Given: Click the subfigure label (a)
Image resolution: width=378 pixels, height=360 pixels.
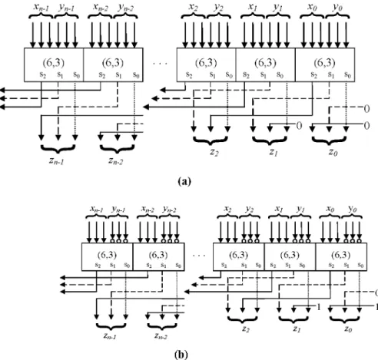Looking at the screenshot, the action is click(x=184, y=181).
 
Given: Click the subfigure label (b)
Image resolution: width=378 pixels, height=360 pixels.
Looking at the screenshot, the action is click(x=181, y=355).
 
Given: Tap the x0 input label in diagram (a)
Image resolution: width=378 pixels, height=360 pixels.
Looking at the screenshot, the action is click(x=312, y=7).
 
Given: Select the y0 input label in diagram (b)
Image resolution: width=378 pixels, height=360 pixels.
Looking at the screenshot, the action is click(x=353, y=210).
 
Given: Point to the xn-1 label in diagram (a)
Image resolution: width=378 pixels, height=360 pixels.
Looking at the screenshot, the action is click(x=41, y=7).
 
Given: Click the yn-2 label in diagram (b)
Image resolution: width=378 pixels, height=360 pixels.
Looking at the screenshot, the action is click(x=169, y=210).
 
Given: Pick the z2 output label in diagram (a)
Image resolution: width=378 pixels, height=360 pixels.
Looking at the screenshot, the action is click(x=214, y=152).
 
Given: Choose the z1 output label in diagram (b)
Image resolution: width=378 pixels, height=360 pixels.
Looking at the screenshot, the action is click(x=297, y=329).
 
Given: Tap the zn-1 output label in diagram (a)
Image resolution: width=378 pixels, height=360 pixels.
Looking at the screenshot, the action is click(x=56, y=161).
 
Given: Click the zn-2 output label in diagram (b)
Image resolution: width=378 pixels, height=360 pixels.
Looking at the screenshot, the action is click(x=161, y=335).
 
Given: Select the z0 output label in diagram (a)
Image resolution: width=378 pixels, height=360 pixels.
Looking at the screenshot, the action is click(x=333, y=152).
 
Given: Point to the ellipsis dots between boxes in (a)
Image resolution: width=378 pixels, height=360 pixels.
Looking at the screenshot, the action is click(x=160, y=63).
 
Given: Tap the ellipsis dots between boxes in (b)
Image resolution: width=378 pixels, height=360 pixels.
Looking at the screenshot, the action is click(x=199, y=256).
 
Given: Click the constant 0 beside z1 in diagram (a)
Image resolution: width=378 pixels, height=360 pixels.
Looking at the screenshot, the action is click(x=299, y=126).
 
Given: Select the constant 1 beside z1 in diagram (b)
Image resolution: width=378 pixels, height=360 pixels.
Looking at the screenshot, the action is click(x=319, y=307).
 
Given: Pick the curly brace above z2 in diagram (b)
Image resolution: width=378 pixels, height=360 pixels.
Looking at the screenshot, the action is click(x=242, y=320).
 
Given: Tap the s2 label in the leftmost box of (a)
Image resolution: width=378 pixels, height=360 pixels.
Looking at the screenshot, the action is click(x=43, y=74).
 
